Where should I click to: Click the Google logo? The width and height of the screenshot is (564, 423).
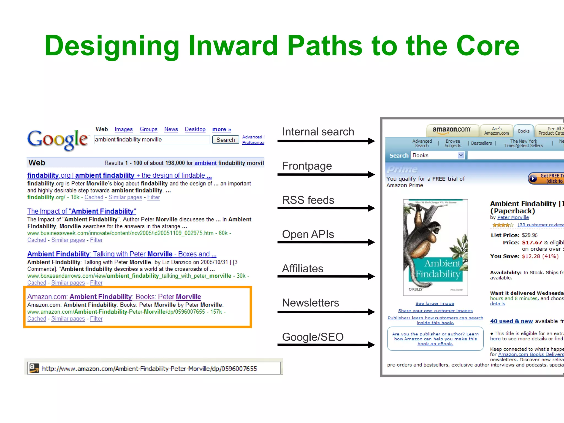coord(58,140)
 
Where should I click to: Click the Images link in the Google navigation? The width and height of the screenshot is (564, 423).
coord(124,129)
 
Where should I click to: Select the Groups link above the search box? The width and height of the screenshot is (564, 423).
coord(148,129)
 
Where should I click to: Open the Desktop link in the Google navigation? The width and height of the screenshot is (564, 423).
coord(195,129)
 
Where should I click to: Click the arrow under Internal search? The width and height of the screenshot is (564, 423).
coord(326,141)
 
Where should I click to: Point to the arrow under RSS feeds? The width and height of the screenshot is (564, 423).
coord(326,208)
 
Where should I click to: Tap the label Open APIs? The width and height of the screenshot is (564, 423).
coord(308,234)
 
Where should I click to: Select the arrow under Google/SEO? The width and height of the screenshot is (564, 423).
coord(326,345)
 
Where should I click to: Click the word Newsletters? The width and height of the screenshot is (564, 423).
coord(310,303)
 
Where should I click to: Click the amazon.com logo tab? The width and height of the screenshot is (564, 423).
coord(451,130)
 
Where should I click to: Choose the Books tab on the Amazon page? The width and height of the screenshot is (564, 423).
coord(524,131)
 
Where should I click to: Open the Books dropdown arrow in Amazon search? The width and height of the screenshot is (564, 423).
coord(461,155)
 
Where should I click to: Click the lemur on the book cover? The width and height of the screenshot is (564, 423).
coord(421,234)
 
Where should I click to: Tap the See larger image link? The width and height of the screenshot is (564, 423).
coord(435,303)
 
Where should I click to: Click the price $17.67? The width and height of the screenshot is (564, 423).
coord(532,243)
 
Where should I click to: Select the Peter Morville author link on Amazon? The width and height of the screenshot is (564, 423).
coord(513,217)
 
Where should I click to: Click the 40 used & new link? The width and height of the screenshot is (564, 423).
coord(511,321)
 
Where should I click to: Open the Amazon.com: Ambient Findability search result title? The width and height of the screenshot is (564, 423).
coord(114,297)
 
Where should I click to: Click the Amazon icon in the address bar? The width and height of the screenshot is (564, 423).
coord(34,368)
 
